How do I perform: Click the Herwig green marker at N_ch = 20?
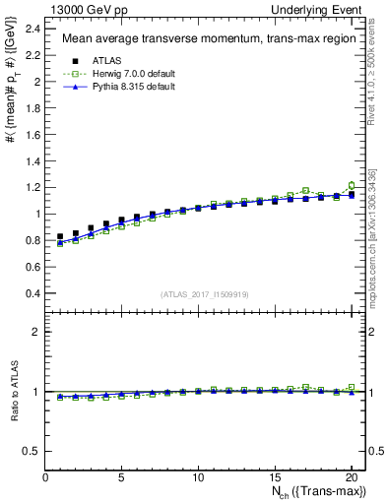(352, 185)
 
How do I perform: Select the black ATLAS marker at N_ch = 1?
(61, 237)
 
